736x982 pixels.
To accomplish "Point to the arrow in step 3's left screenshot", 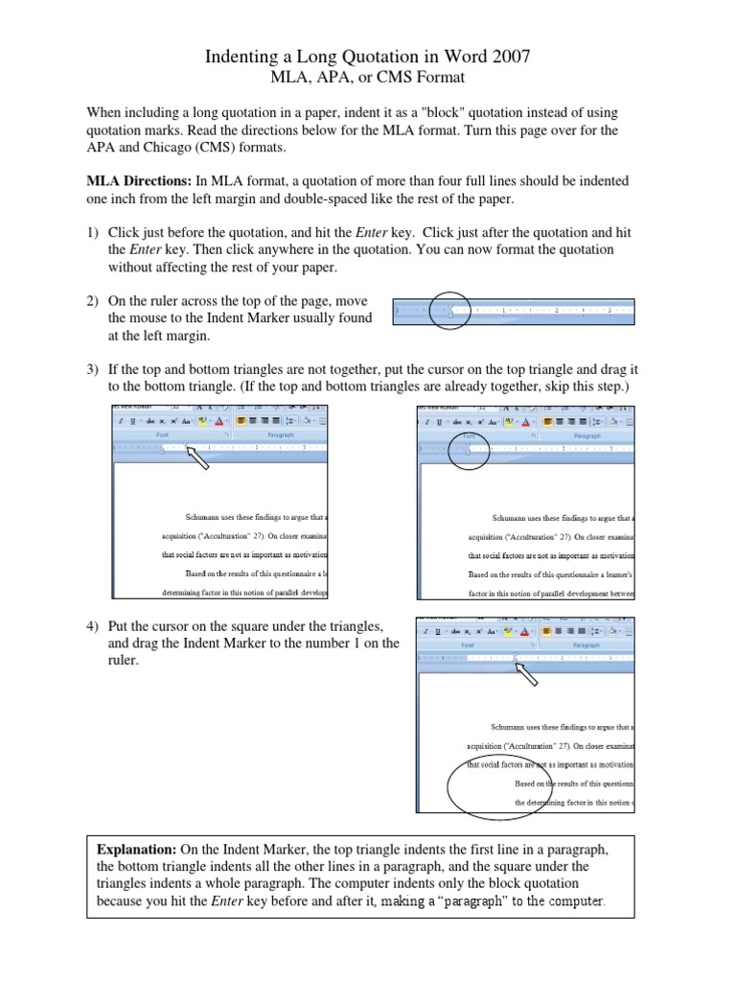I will pos(199,459).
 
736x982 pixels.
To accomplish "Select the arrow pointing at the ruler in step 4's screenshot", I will pos(527,675).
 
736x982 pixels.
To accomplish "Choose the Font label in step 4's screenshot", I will pos(468,645).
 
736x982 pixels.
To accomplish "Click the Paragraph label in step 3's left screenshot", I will pos(281,435).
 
